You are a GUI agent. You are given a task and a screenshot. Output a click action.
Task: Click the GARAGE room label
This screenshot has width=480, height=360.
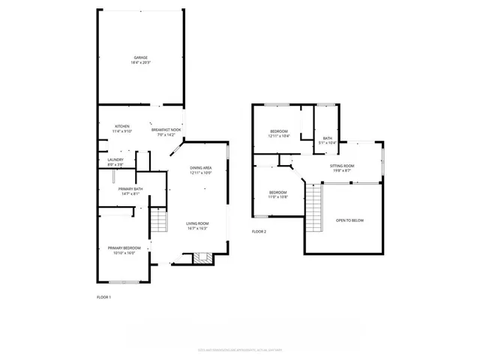point(140,57)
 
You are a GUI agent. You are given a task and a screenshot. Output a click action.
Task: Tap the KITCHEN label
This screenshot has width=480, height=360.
point(122,125)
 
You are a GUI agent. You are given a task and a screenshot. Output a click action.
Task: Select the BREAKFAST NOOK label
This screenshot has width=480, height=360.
point(166,130)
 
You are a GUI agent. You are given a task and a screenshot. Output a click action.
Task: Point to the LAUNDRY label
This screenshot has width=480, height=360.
point(115,159)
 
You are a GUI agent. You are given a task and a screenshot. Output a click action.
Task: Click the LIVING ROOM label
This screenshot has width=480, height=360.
point(198,223)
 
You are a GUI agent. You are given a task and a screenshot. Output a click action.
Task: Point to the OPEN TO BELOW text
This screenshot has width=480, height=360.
point(350,220)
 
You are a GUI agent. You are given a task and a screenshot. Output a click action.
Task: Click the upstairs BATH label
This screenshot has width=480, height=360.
point(327,138)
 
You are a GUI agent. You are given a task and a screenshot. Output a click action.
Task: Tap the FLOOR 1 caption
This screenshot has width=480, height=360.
point(103,298)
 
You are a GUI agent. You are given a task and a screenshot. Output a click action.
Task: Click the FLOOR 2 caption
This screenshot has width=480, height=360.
point(259,231)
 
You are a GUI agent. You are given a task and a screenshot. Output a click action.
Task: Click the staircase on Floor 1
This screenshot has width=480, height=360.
point(157,223)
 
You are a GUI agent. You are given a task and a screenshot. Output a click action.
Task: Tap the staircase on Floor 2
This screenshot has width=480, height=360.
point(313,206)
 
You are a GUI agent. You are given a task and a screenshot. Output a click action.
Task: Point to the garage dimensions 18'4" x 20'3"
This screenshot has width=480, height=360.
point(140,62)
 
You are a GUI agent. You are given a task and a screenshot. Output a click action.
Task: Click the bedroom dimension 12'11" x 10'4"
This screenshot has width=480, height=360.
point(279,136)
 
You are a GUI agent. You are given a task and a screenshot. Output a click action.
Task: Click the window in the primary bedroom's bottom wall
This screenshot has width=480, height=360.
point(123,282)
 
